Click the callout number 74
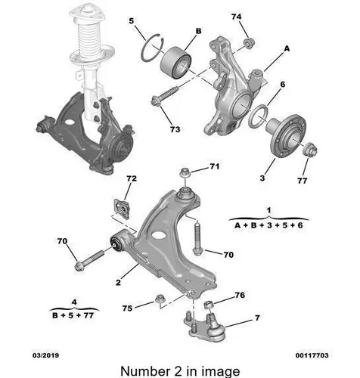(236, 17)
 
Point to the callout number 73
(175, 129)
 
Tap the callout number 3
(262, 178)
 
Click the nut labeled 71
(185, 172)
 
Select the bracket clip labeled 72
(122, 208)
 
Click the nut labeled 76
(209, 305)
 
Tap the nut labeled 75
(159, 299)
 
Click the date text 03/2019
(45, 355)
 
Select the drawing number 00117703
(312, 355)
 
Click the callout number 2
(118, 283)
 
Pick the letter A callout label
(287, 48)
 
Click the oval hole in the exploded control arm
(159, 235)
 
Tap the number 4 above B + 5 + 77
(74, 302)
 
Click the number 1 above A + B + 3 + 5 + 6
(268, 209)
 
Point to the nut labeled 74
(249, 43)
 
